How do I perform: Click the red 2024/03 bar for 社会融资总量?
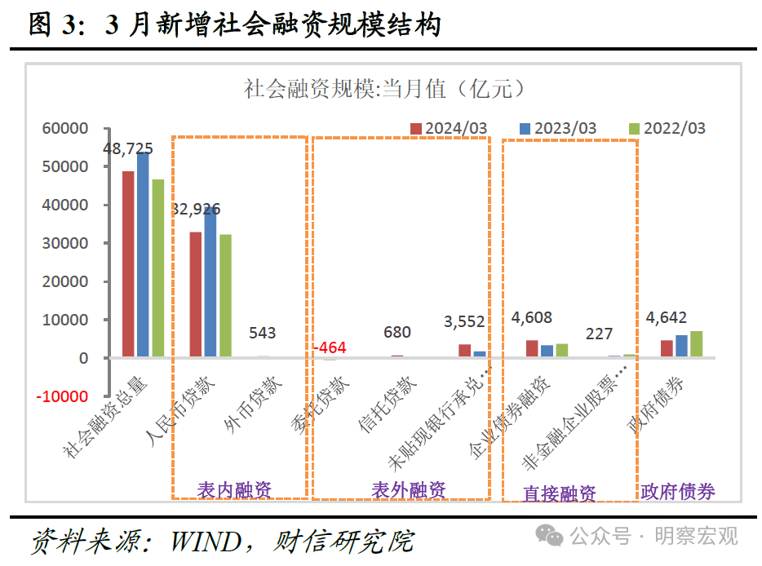[x=128, y=264]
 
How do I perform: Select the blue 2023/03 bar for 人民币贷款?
[x=210, y=282]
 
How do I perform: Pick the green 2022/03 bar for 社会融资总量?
[x=157, y=268]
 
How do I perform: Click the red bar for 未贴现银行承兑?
[x=464, y=351]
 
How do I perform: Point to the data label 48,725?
[x=128, y=148]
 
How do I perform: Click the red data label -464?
[x=330, y=347]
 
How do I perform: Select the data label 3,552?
[x=463, y=321]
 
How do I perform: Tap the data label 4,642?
[x=666, y=317]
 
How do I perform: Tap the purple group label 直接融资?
[x=559, y=493]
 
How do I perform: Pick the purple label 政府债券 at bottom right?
[x=678, y=491]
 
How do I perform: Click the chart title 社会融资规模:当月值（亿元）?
[x=383, y=89]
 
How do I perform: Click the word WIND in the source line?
[x=205, y=541]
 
